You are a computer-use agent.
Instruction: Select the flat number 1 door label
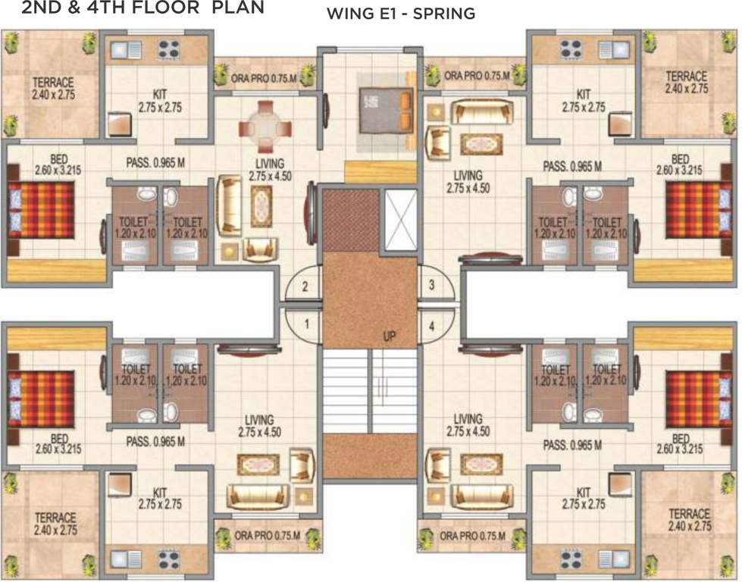(306, 324)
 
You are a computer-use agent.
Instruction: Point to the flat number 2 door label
(305, 286)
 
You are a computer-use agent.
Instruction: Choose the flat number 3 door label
(431, 286)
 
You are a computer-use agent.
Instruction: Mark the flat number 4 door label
(431, 327)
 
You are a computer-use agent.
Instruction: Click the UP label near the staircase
(390, 336)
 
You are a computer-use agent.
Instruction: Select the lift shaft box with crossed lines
(400, 220)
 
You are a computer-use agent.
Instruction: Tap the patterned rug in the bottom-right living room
(481, 464)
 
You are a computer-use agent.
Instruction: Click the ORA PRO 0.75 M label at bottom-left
(268, 536)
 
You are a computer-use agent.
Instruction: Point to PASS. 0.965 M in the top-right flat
(572, 165)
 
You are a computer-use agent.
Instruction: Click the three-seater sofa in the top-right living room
(480, 112)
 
